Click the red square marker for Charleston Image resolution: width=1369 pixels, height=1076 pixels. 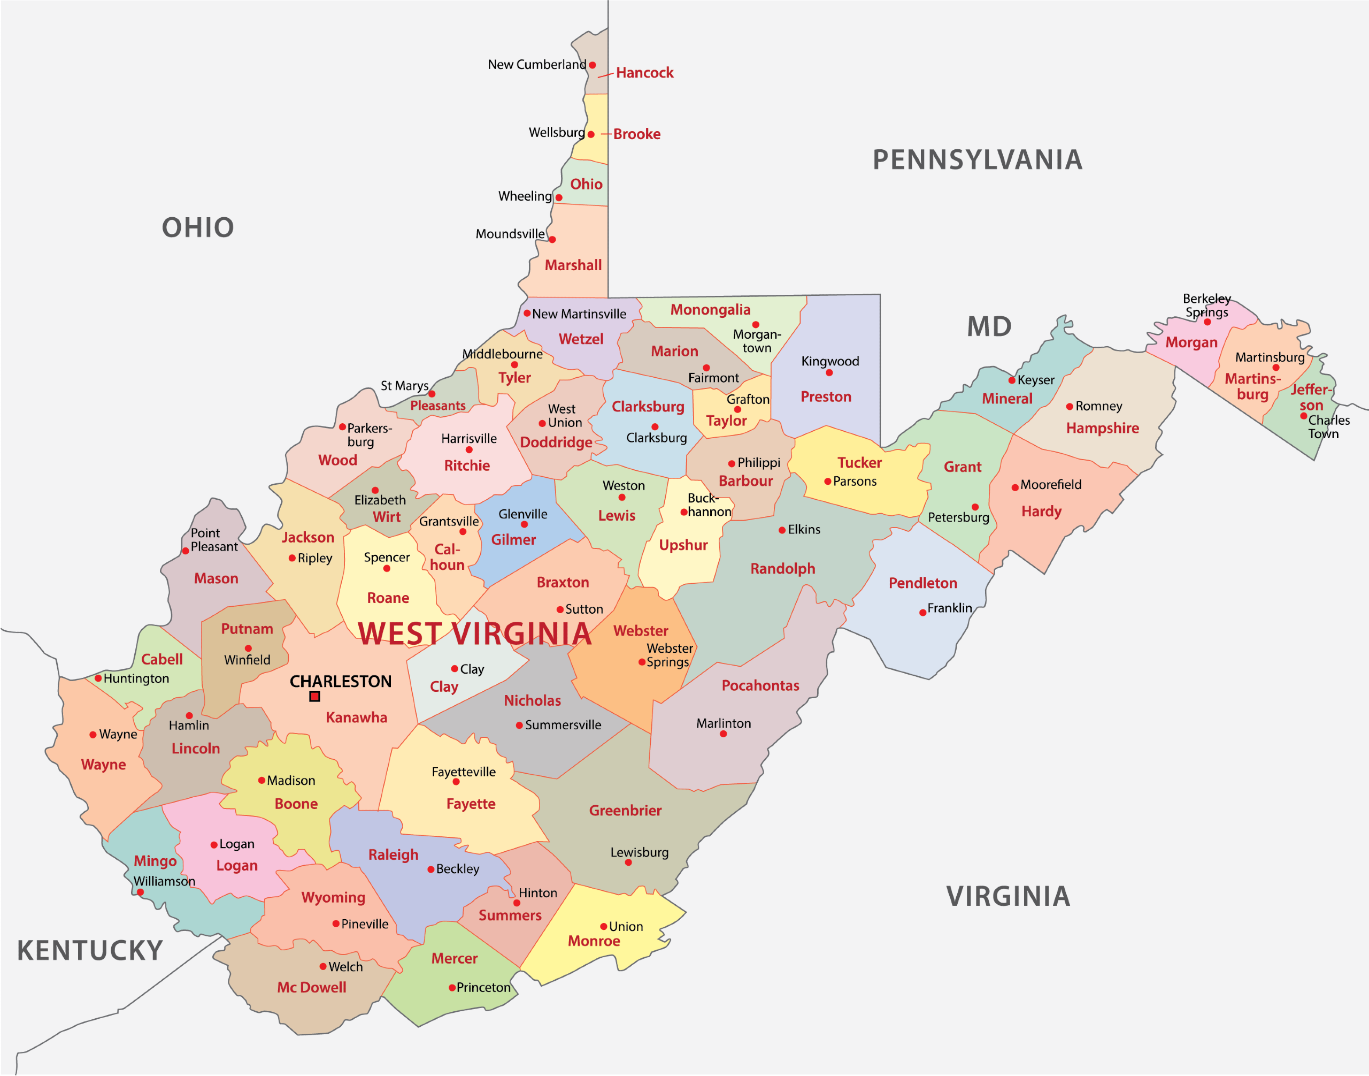[315, 696]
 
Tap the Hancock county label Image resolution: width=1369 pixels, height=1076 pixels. [644, 73]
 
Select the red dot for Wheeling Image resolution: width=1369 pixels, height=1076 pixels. [558, 198]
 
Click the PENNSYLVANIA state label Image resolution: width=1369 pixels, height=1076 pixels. [978, 160]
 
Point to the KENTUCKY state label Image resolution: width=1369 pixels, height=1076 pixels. [90, 951]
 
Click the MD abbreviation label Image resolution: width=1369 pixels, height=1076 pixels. [989, 327]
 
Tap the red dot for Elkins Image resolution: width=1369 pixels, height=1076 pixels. [782, 530]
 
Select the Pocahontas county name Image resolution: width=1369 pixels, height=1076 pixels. [760, 685]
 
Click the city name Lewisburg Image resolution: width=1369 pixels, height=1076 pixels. [639, 852]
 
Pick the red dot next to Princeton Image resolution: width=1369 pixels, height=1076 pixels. [452, 987]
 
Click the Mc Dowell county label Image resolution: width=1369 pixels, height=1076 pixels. [312, 987]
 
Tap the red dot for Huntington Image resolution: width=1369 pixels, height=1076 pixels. [98, 678]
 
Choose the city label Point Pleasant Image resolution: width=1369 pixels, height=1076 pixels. [214, 540]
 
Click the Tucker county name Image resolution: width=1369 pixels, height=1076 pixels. [859, 463]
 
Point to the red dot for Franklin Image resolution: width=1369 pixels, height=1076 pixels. [922, 612]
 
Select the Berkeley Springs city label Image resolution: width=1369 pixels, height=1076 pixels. [1206, 306]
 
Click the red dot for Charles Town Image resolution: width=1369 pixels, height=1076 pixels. [1304, 416]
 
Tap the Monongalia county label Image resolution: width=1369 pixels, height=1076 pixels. [710, 310]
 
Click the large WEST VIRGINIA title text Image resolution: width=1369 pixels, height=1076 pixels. [474, 634]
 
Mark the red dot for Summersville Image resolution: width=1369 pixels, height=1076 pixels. [519, 725]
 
